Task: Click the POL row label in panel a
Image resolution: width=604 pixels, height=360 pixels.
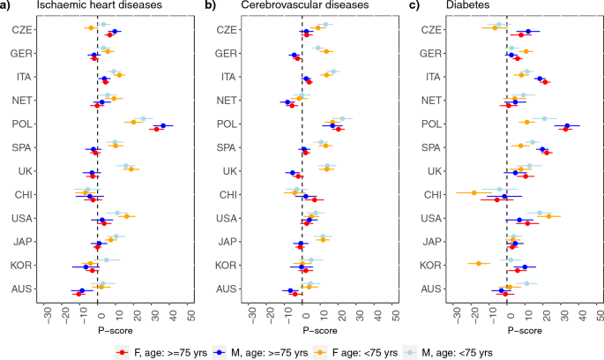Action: point(23,124)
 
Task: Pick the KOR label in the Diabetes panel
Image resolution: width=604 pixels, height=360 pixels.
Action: point(430,264)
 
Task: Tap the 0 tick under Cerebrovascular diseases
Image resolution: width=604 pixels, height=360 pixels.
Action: point(302,314)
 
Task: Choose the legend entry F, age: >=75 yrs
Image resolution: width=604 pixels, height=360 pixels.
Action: point(164,352)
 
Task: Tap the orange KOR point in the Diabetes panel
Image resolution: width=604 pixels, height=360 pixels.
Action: point(479,263)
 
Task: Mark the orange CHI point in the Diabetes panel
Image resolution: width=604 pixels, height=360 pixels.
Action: point(474,192)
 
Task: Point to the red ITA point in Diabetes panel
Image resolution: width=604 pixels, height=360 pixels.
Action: point(546,82)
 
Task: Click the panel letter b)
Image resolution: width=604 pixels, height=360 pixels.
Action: point(211,7)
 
